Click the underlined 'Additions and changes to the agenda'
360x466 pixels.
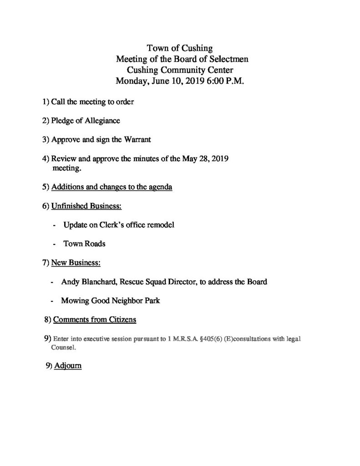[112, 187]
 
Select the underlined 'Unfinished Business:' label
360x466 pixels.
[86, 206]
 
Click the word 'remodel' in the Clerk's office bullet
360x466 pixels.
[160, 225]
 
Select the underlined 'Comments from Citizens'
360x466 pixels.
[95, 320]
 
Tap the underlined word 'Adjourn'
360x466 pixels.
[68, 366]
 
